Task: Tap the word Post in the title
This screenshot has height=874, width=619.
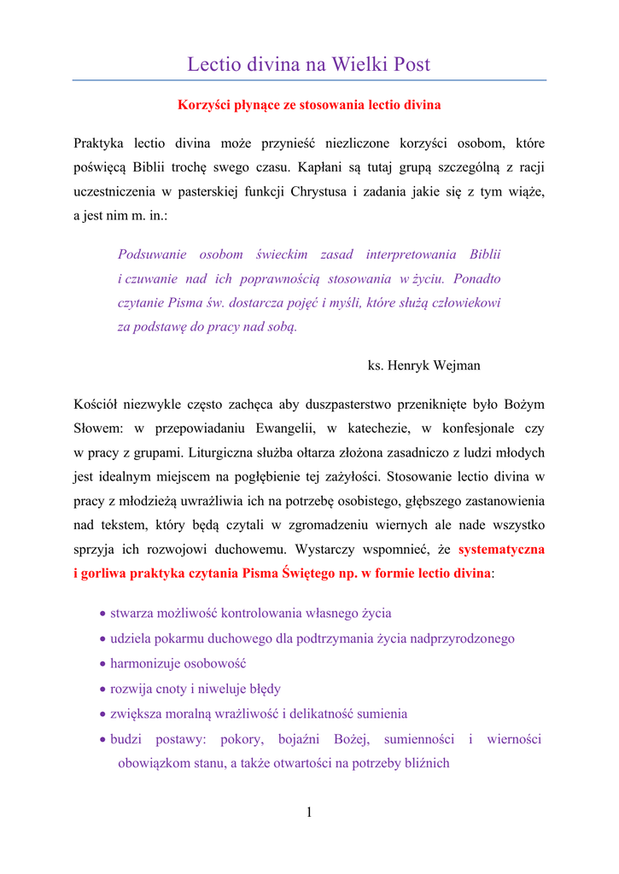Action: tap(412, 64)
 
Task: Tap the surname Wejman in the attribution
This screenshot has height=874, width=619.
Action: tap(458, 365)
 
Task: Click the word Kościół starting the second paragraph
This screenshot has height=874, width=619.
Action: tap(96, 403)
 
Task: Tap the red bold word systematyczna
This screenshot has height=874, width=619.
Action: tap(501, 550)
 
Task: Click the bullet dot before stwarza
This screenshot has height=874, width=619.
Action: tap(103, 614)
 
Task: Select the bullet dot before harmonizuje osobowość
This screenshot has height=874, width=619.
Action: tap(103, 663)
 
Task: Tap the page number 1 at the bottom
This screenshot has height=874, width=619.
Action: tap(309, 813)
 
